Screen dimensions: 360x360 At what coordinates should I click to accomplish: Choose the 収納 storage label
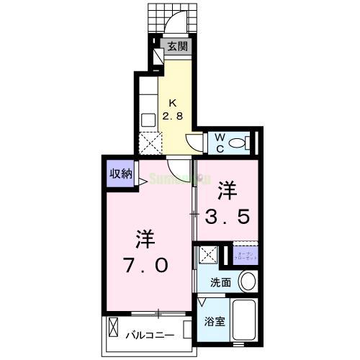coord(121,173)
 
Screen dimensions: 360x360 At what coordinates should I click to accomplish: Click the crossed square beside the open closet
coord(209,255)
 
